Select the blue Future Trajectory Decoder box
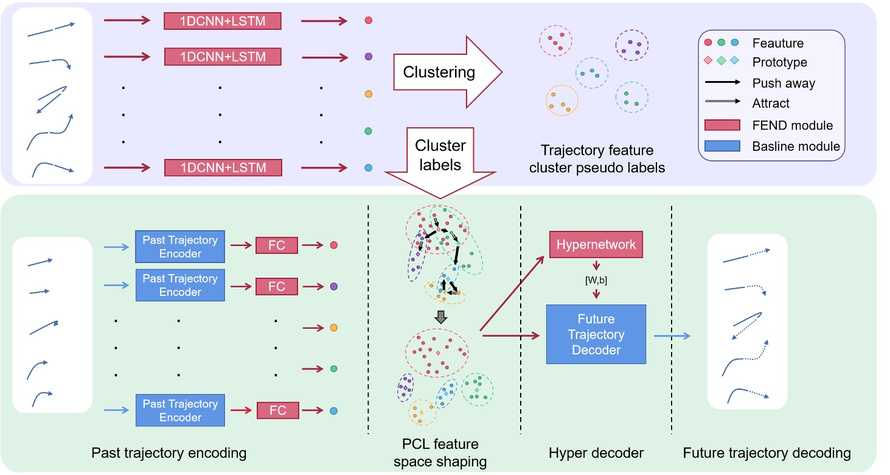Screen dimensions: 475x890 click(596, 334)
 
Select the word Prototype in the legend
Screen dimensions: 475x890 click(779, 63)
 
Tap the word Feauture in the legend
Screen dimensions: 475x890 click(777, 43)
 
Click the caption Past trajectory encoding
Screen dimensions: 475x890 click(169, 452)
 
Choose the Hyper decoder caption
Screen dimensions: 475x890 click(596, 452)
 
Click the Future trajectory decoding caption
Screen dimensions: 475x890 click(767, 452)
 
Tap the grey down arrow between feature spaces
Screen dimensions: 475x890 click(442, 317)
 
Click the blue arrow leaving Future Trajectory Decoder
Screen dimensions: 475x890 click(672, 335)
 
